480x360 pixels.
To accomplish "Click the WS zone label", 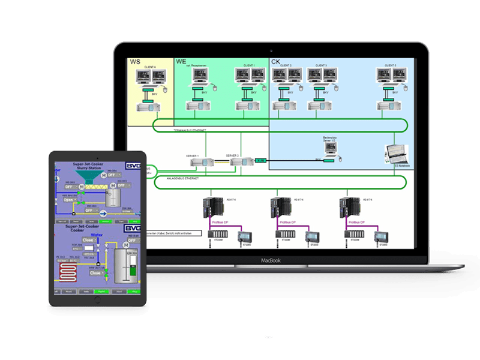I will click(134, 62).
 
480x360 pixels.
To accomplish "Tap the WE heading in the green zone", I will click(181, 62).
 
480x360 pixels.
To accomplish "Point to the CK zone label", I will click(276, 62).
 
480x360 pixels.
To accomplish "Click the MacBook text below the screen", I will click(271, 260).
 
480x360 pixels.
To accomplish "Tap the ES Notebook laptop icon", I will click(397, 155).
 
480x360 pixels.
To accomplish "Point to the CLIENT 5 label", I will click(390, 65).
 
